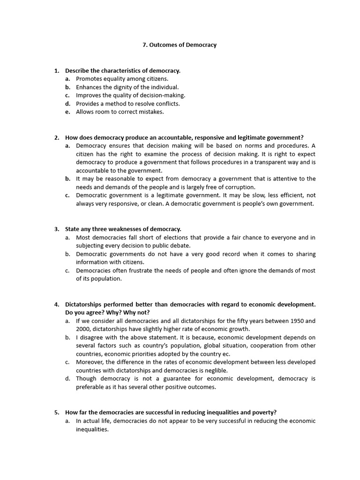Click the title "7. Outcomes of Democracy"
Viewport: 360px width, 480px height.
[180, 45]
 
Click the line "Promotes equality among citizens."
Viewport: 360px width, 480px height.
[122, 79]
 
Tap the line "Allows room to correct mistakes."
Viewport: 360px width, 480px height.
[120, 112]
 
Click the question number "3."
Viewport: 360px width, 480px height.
[56, 229]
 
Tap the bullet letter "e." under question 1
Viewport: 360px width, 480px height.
[68, 112]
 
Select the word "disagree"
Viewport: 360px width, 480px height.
[93, 337]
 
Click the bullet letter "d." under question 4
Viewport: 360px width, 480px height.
[68, 379]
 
